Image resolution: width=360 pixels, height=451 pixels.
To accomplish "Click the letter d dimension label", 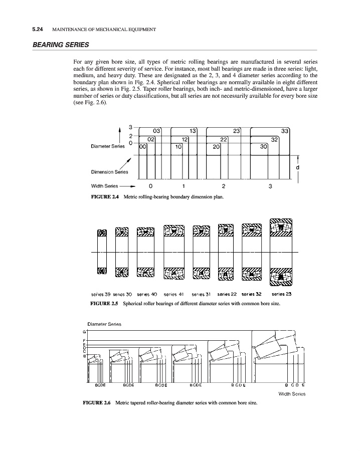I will (298, 167).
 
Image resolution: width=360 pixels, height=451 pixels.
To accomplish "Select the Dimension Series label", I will (109, 172).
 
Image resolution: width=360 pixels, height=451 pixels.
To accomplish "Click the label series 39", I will (100, 294).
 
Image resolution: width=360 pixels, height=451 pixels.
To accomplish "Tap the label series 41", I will (173, 294).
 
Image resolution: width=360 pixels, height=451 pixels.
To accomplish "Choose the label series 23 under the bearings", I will (281, 294).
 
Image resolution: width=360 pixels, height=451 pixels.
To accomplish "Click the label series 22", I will (227, 294).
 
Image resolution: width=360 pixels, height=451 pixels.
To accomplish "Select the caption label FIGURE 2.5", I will (104, 304).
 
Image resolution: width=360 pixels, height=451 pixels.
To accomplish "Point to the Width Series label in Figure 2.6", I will (292, 393).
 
